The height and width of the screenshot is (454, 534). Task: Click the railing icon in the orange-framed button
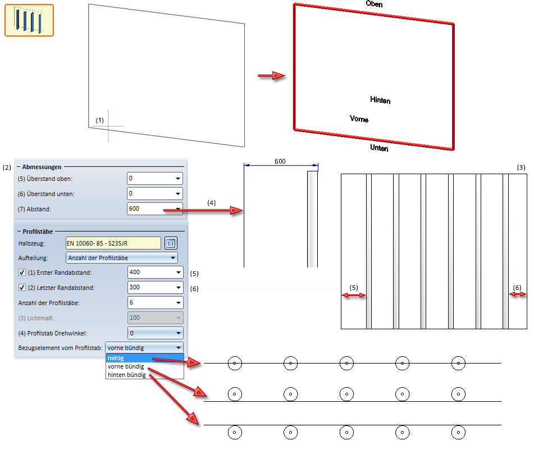[29, 20]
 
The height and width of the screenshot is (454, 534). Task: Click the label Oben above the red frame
[375, 3]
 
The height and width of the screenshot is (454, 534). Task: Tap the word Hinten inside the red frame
[380, 100]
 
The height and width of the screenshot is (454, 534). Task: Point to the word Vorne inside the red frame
[359, 119]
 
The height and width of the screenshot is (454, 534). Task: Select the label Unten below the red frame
[379, 148]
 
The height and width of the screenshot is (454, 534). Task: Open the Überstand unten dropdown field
[155, 194]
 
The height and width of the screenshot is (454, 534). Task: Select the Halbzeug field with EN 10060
[113, 243]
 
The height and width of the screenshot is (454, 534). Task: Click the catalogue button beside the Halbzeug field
[171, 243]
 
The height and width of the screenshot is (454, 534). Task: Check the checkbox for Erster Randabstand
[22, 273]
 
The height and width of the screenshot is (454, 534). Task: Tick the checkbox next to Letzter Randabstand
[22, 288]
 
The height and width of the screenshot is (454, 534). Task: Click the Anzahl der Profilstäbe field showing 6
[155, 303]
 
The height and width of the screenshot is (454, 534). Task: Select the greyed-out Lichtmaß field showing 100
[155, 318]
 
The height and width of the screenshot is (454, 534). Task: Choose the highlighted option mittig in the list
[144, 358]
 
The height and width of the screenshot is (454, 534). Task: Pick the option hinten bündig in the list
[127, 375]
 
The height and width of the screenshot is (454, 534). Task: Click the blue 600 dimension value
[280, 161]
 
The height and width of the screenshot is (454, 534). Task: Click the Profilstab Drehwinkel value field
[155, 333]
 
